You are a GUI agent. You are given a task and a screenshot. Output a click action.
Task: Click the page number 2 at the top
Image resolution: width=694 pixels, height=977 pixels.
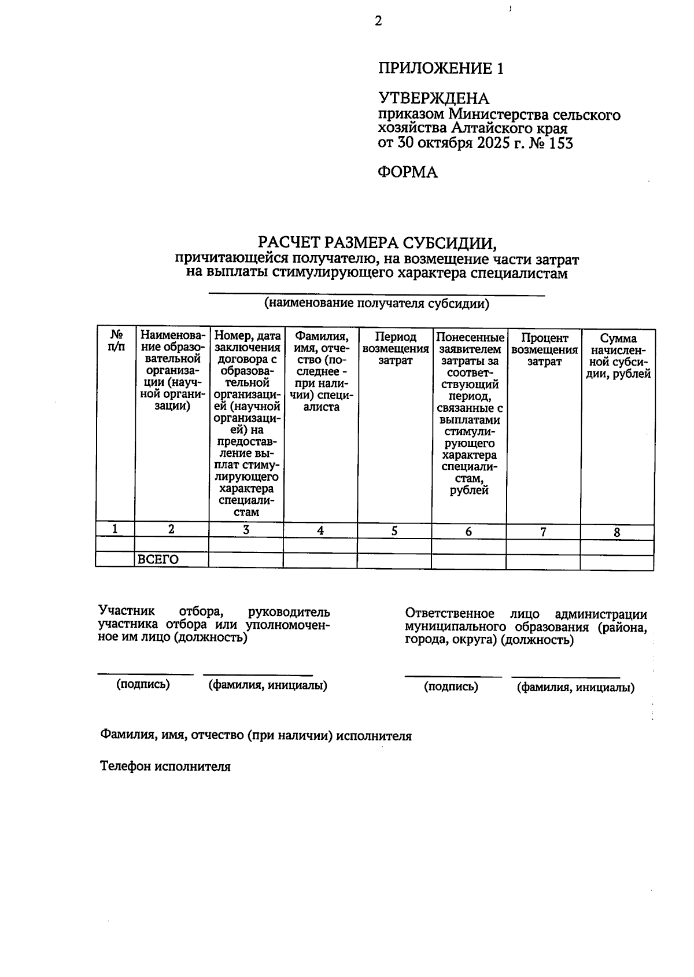[x=378, y=21]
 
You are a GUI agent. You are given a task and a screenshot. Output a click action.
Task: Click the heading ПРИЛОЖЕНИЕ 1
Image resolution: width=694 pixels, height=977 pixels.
[x=441, y=69]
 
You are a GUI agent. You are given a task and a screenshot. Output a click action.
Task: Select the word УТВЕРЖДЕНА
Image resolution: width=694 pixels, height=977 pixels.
[x=433, y=98]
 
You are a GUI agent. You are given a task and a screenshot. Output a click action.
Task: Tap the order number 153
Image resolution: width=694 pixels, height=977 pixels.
[x=560, y=143]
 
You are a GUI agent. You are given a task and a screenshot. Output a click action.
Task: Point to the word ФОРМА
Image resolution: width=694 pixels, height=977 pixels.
[x=407, y=172]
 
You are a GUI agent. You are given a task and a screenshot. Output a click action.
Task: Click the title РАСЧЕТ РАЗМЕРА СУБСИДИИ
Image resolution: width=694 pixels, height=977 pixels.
[x=377, y=242]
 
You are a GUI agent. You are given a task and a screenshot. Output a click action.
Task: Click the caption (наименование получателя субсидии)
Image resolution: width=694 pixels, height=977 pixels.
[x=376, y=304]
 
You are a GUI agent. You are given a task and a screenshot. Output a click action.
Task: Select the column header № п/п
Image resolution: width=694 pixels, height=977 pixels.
[x=116, y=341]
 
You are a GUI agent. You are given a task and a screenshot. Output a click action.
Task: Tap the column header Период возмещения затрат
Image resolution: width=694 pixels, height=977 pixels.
[x=395, y=349]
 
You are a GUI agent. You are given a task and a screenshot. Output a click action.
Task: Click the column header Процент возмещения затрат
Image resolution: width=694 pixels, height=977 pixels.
[x=544, y=349]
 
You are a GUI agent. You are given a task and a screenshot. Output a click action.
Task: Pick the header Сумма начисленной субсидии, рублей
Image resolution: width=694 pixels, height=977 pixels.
[x=618, y=356]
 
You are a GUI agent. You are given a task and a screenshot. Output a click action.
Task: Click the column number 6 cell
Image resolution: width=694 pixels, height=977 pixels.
[x=468, y=531]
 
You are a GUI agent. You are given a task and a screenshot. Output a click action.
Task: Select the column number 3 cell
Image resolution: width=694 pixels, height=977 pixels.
[x=246, y=530]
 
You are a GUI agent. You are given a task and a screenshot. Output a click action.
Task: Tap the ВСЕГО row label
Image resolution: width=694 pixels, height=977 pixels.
[x=157, y=559]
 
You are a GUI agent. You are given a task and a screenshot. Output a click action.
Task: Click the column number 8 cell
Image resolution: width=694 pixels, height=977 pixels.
[x=617, y=533]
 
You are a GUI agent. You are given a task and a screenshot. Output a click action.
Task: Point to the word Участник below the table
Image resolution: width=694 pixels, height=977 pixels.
[x=127, y=611]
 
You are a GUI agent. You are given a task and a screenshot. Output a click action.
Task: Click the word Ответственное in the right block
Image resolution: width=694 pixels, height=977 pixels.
[x=449, y=613]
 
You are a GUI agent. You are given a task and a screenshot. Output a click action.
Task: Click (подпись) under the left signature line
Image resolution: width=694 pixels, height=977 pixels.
[x=143, y=684]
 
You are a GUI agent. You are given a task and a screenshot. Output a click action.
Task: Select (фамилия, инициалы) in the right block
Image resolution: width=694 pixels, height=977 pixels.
[x=575, y=687]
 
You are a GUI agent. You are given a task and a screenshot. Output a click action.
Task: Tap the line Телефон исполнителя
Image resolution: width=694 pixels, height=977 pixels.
[x=165, y=766]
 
